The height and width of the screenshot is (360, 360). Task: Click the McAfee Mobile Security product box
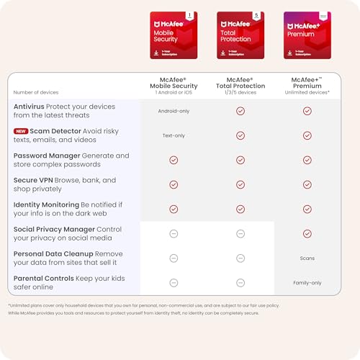click(173, 35)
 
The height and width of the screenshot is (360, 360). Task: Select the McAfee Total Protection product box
click(240, 35)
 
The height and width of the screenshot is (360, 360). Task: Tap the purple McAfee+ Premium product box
click(307, 35)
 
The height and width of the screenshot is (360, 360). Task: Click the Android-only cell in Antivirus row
click(173, 111)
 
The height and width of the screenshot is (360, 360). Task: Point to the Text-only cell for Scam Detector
click(173, 135)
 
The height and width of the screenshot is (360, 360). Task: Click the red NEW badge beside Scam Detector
click(22, 130)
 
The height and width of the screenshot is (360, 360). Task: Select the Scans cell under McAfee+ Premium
click(307, 258)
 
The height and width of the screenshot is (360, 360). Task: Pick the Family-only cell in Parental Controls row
click(307, 282)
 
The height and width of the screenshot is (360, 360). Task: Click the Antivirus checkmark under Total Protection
click(240, 111)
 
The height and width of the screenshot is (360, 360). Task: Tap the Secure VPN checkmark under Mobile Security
click(173, 184)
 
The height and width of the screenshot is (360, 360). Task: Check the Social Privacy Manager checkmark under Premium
click(307, 233)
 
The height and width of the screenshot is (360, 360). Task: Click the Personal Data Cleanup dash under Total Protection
click(240, 258)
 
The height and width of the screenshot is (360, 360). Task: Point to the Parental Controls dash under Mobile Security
click(173, 282)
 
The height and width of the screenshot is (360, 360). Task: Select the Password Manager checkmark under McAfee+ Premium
click(307, 160)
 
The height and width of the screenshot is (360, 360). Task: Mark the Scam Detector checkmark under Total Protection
click(240, 135)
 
